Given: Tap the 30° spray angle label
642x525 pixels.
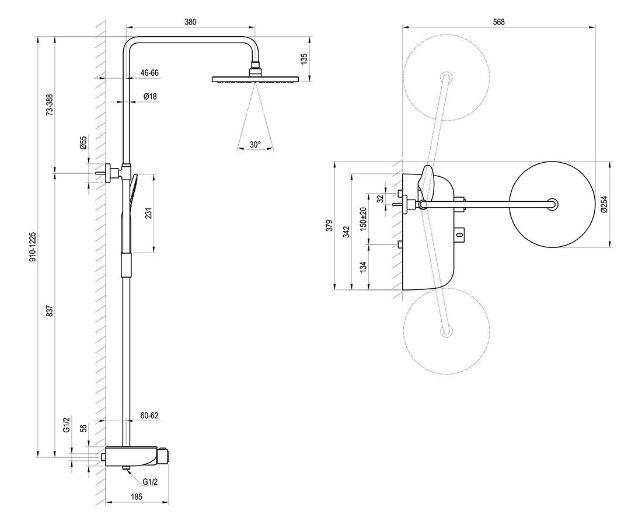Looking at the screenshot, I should click(x=255, y=143).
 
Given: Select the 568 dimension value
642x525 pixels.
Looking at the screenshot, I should click(x=498, y=22).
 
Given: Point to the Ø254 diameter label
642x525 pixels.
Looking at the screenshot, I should click(x=604, y=204).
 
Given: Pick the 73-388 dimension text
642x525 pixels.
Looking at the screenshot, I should click(x=50, y=105).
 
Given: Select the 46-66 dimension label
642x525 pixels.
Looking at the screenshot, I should click(x=149, y=73).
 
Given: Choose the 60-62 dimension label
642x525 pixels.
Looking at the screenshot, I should click(x=149, y=415).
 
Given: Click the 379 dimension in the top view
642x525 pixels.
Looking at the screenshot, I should click(x=329, y=226).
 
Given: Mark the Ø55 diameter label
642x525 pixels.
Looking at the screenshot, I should click(x=83, y=143).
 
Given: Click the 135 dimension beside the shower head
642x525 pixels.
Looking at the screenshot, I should click(x=304, y=58).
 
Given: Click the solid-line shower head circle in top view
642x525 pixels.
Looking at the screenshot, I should click(x=552, y=204).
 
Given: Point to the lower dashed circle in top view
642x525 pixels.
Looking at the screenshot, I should click(x=446, y=330).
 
